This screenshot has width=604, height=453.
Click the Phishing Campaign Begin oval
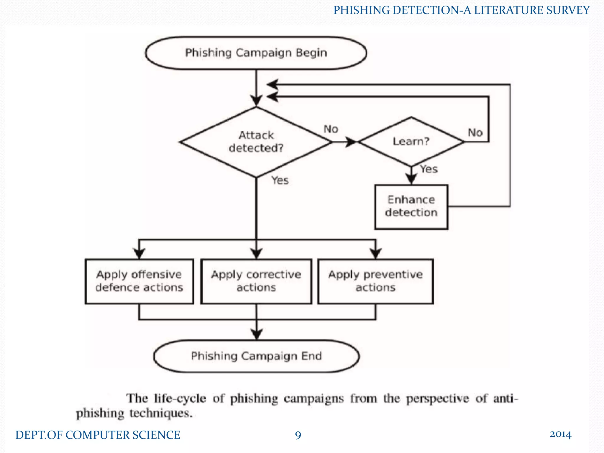coord(256,53)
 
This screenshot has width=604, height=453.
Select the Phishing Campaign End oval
coord(256,356)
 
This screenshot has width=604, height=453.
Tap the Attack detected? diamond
coord(256,142)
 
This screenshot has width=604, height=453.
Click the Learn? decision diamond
coord(411,142)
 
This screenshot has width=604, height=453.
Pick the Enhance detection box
coord(411,206)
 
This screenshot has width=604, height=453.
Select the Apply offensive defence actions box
coord(139,281)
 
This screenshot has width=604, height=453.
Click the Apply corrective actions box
coord(256,281)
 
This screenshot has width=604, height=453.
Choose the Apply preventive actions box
coord(375,281)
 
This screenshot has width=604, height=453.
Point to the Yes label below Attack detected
coord(280,180)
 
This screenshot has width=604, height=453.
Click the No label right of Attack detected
coord(331,129)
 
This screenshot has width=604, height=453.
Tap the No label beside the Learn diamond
coord(475,132)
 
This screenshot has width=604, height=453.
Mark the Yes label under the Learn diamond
coord(429,169)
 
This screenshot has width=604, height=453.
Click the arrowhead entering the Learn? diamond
coord(351,142)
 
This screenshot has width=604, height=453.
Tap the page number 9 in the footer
coord(298,435)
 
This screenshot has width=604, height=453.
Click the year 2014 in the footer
coord(560,434)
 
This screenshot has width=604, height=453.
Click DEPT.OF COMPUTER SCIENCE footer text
coord(98,435)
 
